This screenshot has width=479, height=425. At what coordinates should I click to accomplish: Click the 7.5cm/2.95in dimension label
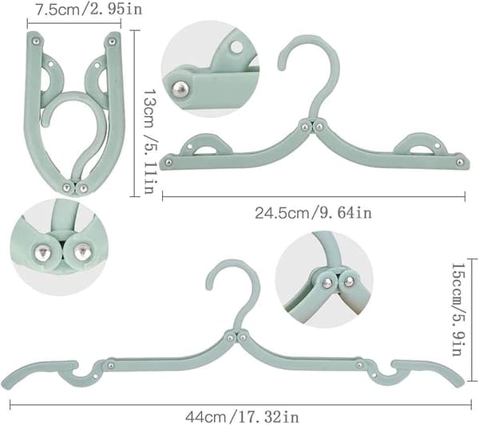(89, 9)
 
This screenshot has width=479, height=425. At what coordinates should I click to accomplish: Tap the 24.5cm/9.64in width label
(314, 213)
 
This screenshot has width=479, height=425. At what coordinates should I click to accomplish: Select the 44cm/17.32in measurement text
(242, 417)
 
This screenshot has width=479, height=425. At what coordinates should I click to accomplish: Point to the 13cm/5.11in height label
(150, 142)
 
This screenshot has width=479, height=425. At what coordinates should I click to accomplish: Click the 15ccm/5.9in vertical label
(458, 309)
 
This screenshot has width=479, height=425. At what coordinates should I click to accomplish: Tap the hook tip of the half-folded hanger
(280, 68)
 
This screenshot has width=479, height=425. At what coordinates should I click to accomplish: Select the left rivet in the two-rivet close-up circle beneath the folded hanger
(42, 252)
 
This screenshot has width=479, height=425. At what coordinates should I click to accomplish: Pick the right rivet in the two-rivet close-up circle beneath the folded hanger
(82, 251)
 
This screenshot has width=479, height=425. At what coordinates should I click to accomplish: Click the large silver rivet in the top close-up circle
(180, 89)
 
